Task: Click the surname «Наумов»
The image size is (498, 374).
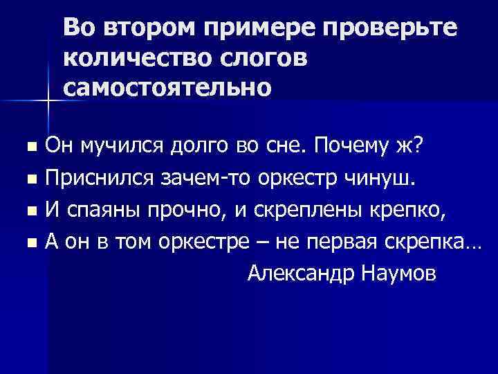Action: click(398, 273)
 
